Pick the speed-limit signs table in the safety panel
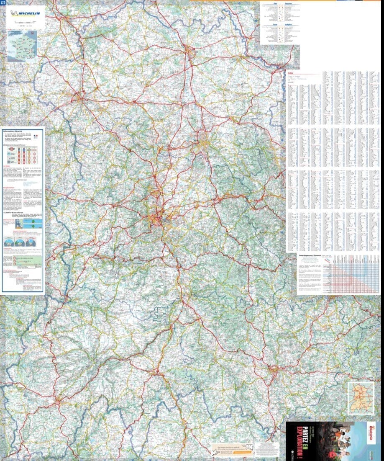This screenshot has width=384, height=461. coord(23,155)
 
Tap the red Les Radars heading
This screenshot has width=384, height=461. coord(7,166)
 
